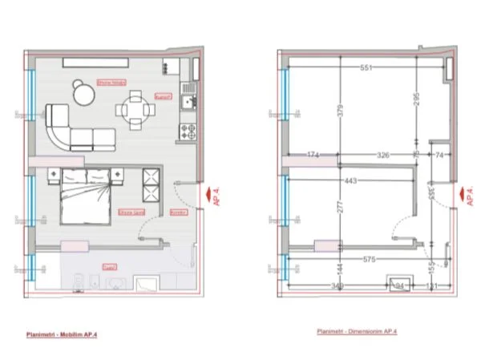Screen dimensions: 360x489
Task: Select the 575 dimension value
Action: coord(369,259)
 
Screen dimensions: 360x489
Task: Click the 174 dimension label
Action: coord(313,154)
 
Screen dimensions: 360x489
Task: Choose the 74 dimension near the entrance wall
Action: coord(439,154)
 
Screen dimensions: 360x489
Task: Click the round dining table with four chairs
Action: coord(137,106)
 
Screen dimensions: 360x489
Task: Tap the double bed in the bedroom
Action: coord(85,196)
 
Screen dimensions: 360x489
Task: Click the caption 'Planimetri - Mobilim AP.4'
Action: coord(68,330)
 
